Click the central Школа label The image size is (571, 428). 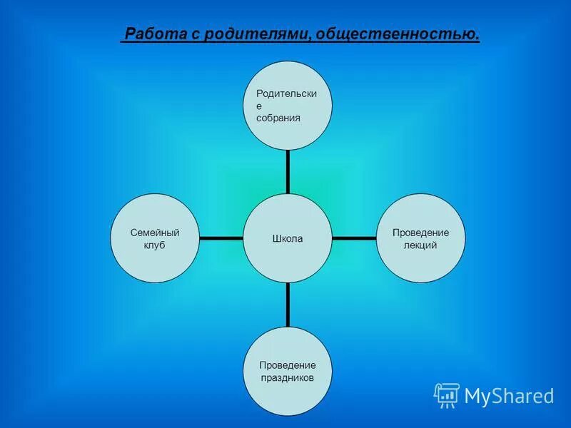click(288, 239)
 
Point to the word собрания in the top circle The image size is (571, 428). click(278, 118)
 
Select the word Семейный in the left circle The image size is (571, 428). click(154, 233)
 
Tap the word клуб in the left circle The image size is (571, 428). click(154, 245)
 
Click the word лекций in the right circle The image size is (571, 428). click(421, 245)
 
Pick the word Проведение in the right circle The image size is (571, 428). click(421, 233)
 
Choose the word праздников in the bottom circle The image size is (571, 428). click(287, 377)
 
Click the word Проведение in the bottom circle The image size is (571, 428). click(287, 365)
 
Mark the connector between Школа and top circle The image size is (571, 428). click(288, 171)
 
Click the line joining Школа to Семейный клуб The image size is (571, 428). click(221, 238)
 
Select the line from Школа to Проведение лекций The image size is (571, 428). click(355, 238)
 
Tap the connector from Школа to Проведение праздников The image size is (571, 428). click(288, 305)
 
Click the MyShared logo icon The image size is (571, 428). click(447, 394)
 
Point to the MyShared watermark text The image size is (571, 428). click(509, 395)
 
